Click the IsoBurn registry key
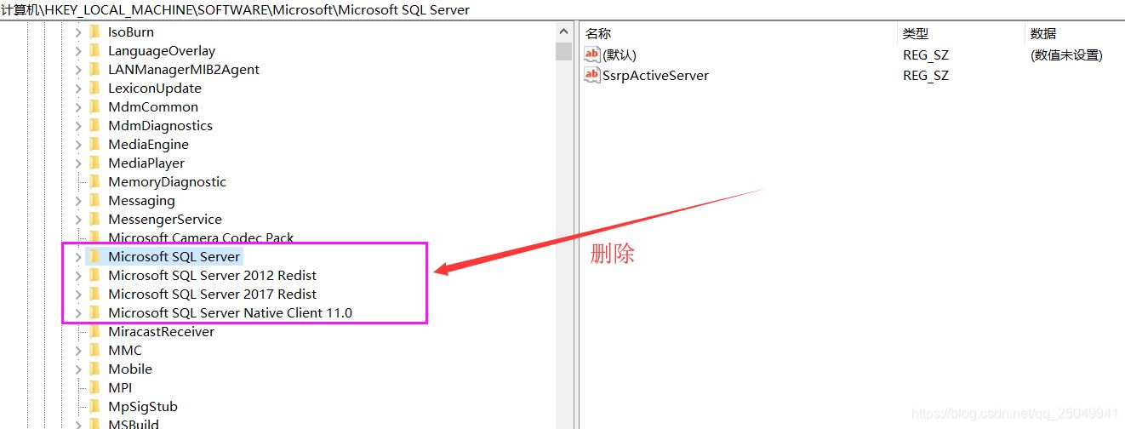[x=131, y=32]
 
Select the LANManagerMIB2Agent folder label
[x=184, y=69]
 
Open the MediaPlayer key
[x=146, y=163]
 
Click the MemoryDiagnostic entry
[x=168, y=182]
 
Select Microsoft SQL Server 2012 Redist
[x=213, y=275]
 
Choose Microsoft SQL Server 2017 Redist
[x=213, y=294]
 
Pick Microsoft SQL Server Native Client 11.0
[x=230, y=313]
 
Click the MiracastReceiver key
[x=161, y=332]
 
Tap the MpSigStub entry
[x=143, y=406]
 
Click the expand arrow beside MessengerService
[x=77, y=220]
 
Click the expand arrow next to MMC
[x=77, y=351]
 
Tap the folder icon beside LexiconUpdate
[x=94, y=88]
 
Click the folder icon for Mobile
[x=94, y=369]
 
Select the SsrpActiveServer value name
[x=655, y=76]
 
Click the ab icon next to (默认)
[x=591, y=54]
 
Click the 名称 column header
[x=598, y=34]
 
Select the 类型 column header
[x=916, y=34]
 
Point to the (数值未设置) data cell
[x=1066, y=54]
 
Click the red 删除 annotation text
[x=612, y=254]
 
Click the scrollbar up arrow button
[x=563, y=31]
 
